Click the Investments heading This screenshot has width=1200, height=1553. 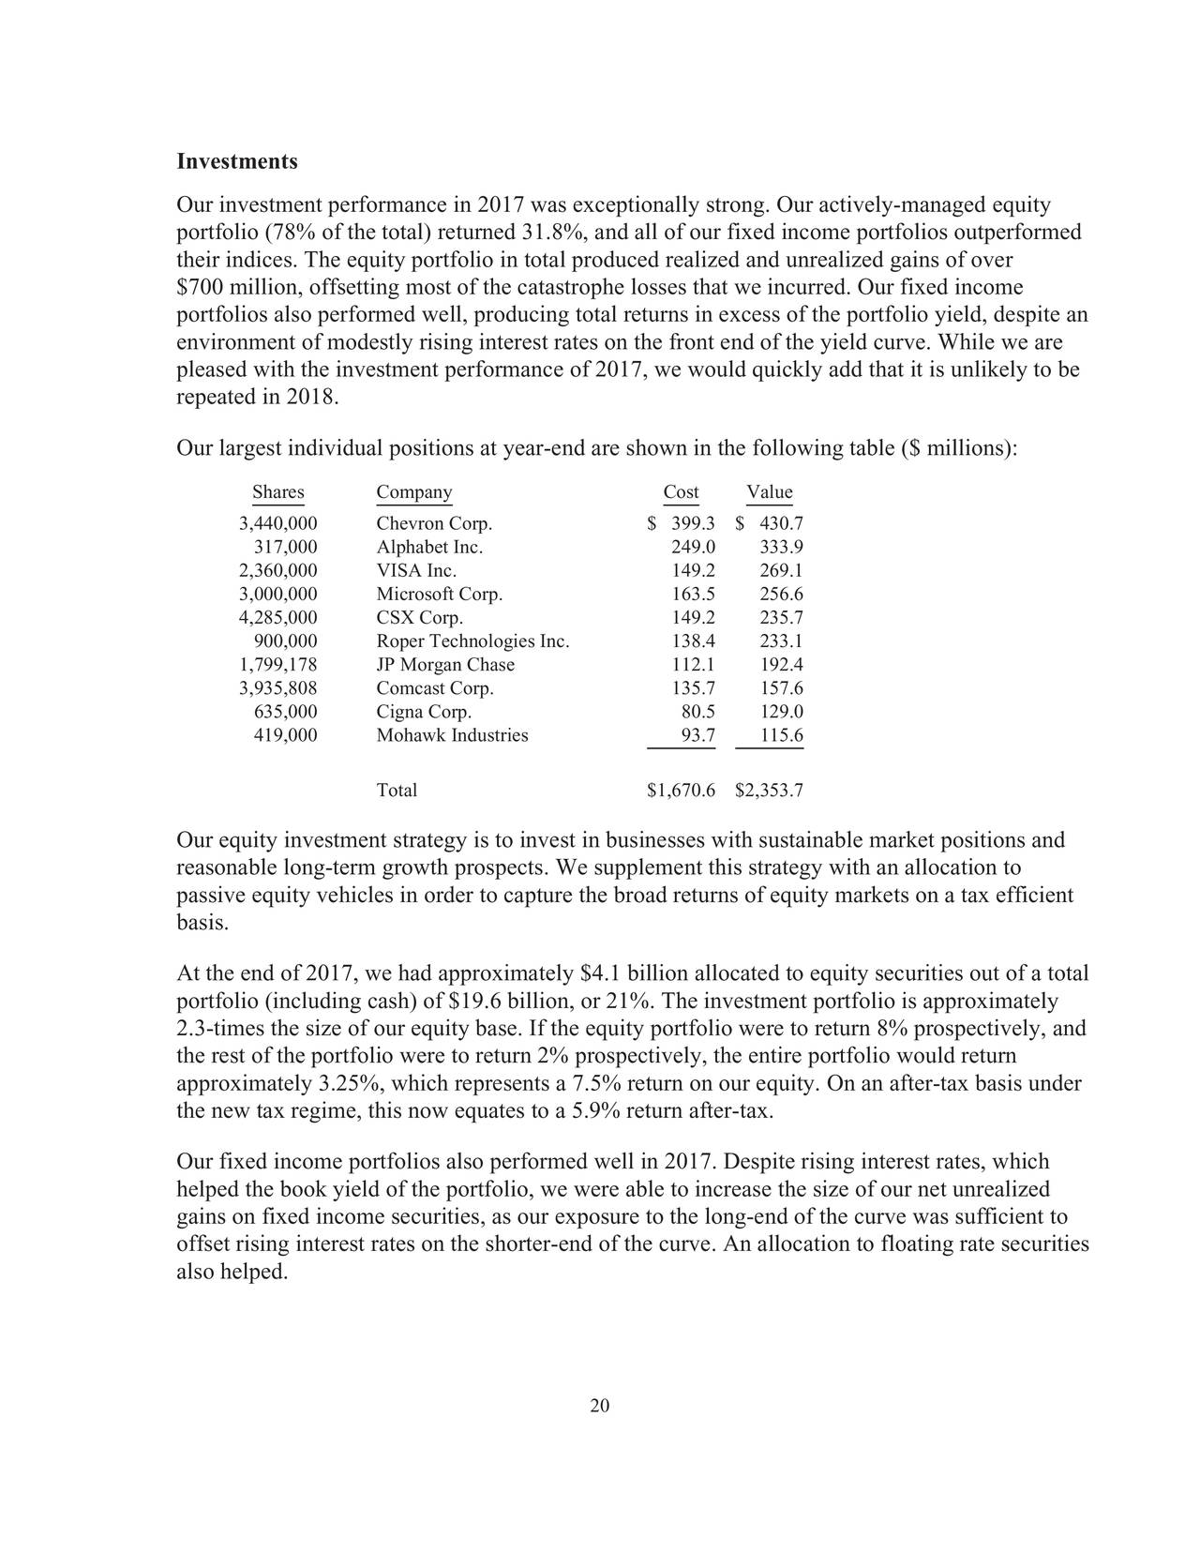(x=236, y=161)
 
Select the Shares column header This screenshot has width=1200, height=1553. (x=277, y=492)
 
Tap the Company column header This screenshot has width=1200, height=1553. (x=413, y=492)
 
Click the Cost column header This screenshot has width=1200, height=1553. (x=681, y=492)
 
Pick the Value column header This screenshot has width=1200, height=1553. (x=770, y=492)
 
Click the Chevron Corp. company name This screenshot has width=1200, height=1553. (x=433, y=524)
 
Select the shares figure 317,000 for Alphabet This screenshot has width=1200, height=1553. (x=285, y=548)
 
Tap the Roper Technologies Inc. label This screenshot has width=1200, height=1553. (x=472, y=641)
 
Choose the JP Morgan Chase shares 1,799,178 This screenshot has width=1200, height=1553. (x=277, y=665)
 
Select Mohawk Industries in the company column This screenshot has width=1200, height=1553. (x=452, y=735)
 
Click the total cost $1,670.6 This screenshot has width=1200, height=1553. (x=681, y=791)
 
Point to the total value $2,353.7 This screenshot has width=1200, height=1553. (x=769, y=791)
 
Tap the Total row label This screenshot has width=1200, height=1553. (x=397, y=791)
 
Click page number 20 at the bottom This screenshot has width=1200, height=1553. (x=600, y=1405)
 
